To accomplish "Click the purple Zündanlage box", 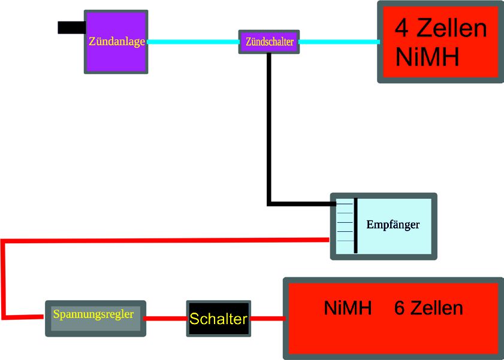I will click(116, 42).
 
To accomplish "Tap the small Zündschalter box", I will click(269, 42).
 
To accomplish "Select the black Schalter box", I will click(218, 319).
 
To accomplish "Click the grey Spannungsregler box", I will click(95, 318).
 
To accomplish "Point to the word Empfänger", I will click(393, 225).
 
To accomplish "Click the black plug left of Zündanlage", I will click(71, 28).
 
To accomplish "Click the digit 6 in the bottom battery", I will click(400, 308).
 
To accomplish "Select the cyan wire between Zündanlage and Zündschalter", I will click(192, 42).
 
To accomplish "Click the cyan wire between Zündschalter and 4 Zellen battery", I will click(338, 42).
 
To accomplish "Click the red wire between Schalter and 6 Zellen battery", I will click(267, 319).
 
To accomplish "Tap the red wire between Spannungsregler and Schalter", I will click(166, 319).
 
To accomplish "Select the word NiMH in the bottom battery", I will click(348, 308).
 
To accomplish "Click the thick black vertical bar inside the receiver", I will click(356, 225).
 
